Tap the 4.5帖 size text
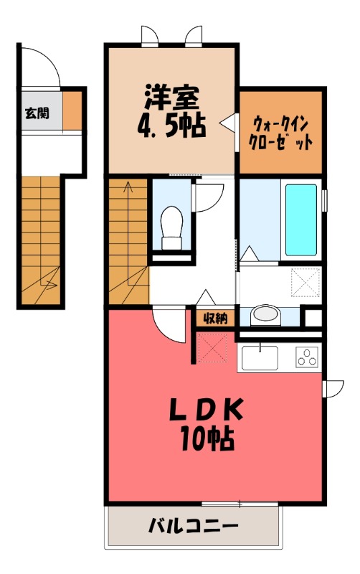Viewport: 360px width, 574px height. coord(171,126)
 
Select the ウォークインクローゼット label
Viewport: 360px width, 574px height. coord(280,131)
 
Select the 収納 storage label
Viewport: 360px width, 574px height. coord(214,318)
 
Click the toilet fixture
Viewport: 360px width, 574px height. coord(173,222)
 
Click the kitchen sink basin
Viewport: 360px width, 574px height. coord(260,356)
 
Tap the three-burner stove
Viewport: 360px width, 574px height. coord(308,356)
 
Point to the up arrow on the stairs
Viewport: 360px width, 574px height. coord(129,188)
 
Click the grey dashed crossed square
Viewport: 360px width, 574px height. coord(307,281)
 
